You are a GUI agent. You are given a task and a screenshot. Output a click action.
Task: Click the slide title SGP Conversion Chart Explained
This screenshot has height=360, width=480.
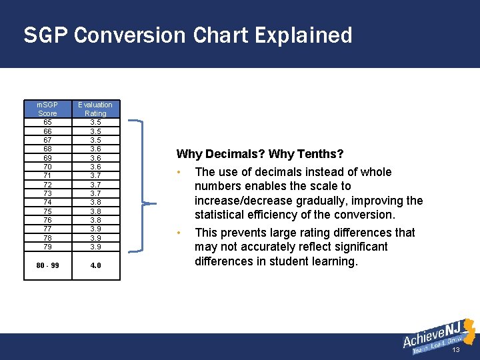187,35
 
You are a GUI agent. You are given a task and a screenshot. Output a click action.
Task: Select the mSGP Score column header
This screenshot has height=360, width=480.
47,109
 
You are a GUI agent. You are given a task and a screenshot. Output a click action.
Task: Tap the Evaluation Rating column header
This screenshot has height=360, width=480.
95,109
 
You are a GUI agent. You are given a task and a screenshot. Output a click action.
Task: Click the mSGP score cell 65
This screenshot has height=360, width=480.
47,123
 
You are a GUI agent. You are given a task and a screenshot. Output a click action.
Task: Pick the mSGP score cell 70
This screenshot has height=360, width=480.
47,167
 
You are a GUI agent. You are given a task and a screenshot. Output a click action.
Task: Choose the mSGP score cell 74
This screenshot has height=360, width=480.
47,202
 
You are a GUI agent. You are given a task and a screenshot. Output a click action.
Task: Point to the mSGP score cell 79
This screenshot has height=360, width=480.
47,246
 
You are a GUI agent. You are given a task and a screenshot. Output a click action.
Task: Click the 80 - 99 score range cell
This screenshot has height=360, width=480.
47,265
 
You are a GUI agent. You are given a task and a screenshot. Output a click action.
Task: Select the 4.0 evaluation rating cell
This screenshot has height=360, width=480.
95,265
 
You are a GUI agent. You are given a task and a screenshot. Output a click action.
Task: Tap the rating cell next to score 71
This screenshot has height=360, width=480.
95,175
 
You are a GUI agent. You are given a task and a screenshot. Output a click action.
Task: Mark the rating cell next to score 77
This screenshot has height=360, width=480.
95,229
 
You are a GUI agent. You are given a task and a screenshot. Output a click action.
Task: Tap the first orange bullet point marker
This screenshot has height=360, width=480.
180,172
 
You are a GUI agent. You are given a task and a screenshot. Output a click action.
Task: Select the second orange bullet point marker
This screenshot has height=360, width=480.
180,233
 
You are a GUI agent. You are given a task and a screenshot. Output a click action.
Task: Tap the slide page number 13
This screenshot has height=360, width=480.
456,350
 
